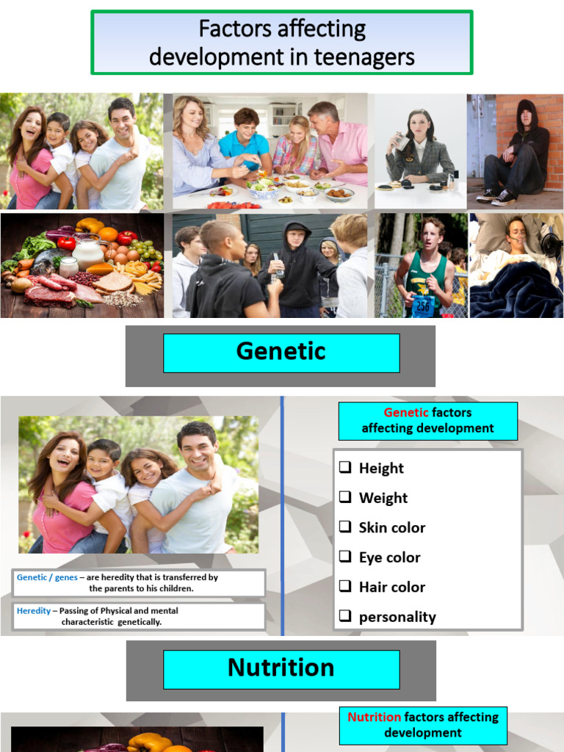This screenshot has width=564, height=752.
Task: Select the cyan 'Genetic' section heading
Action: (x=281, y=352)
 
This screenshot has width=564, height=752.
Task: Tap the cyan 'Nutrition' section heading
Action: (x=281, y=668)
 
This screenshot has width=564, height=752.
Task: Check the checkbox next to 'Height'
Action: (x=345, y=468)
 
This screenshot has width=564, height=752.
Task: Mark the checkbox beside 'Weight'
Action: (x=345, y=497)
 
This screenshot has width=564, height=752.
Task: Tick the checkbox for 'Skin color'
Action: (x=345, y=527)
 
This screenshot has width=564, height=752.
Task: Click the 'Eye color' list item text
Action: (x=389, y=557)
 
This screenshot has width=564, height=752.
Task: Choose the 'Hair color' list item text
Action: (x=391, y=587)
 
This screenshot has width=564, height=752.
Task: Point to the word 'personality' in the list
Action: (x=397, y=617)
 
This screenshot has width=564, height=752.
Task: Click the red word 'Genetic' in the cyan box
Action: (x=405, y=413)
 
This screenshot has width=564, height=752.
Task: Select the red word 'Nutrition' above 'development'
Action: (x=374, y=717)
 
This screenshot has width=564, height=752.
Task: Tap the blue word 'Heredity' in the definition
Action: (x=35, y=611)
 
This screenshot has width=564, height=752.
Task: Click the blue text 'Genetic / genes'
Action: (x=47, y=577)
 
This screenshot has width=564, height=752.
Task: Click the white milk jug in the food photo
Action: (x=88, y=253)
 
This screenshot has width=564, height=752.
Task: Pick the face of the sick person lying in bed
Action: (x=517, y=233)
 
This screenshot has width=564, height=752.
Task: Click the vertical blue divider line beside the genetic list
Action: (x=282, y=514)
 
